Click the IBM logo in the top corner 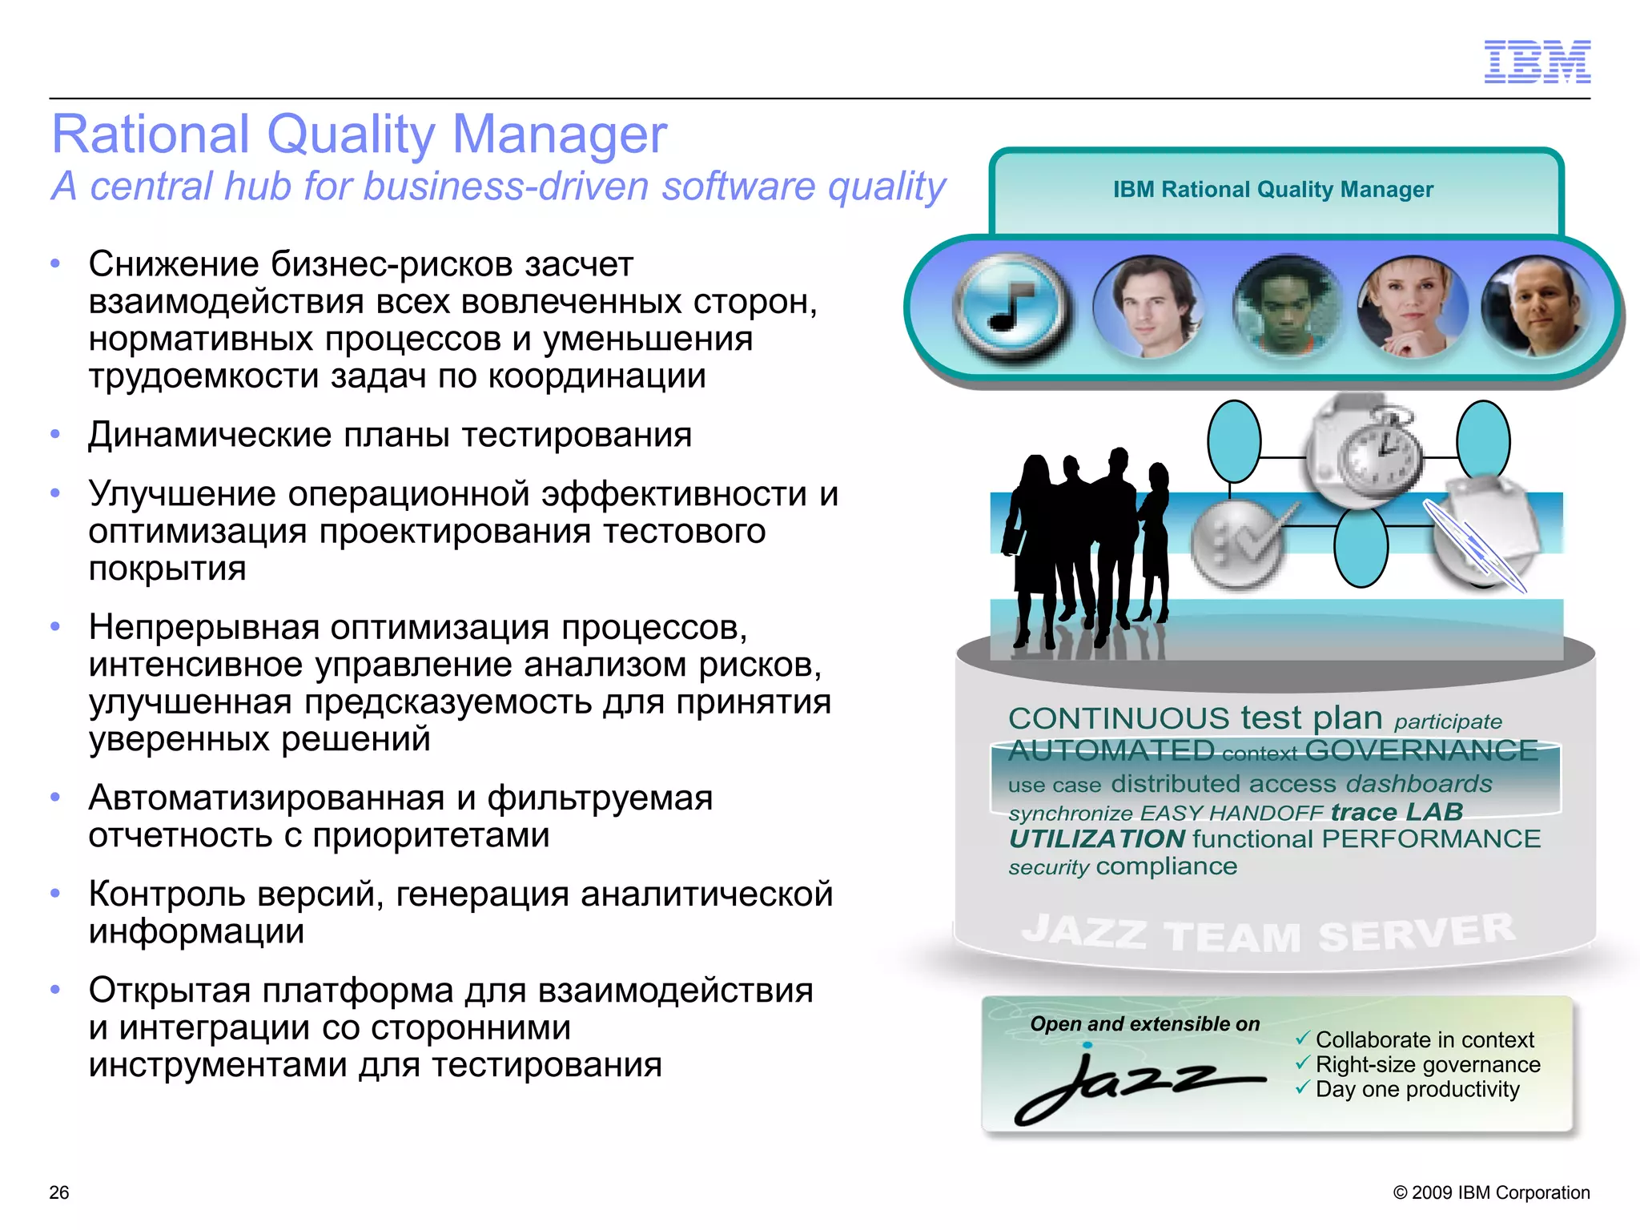(1537, 62)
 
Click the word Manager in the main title (559, 134)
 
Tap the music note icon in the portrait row (1011, 307)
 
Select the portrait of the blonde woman (1413, 307)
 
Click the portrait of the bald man (1536, 307)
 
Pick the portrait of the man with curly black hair (1288, 307)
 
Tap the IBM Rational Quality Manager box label (1273, 190)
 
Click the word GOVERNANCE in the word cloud (1421, 751)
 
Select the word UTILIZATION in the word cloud (1097, 839)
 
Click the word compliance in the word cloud (1167, 866)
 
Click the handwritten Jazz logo (1137, 1085)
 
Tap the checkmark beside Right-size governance (1303, 1063)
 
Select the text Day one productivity (1417, 1090)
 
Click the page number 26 (59, 1192)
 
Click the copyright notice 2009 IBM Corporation (1491, 1192)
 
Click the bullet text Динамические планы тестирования (390, 436)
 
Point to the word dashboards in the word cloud (1420, 783)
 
